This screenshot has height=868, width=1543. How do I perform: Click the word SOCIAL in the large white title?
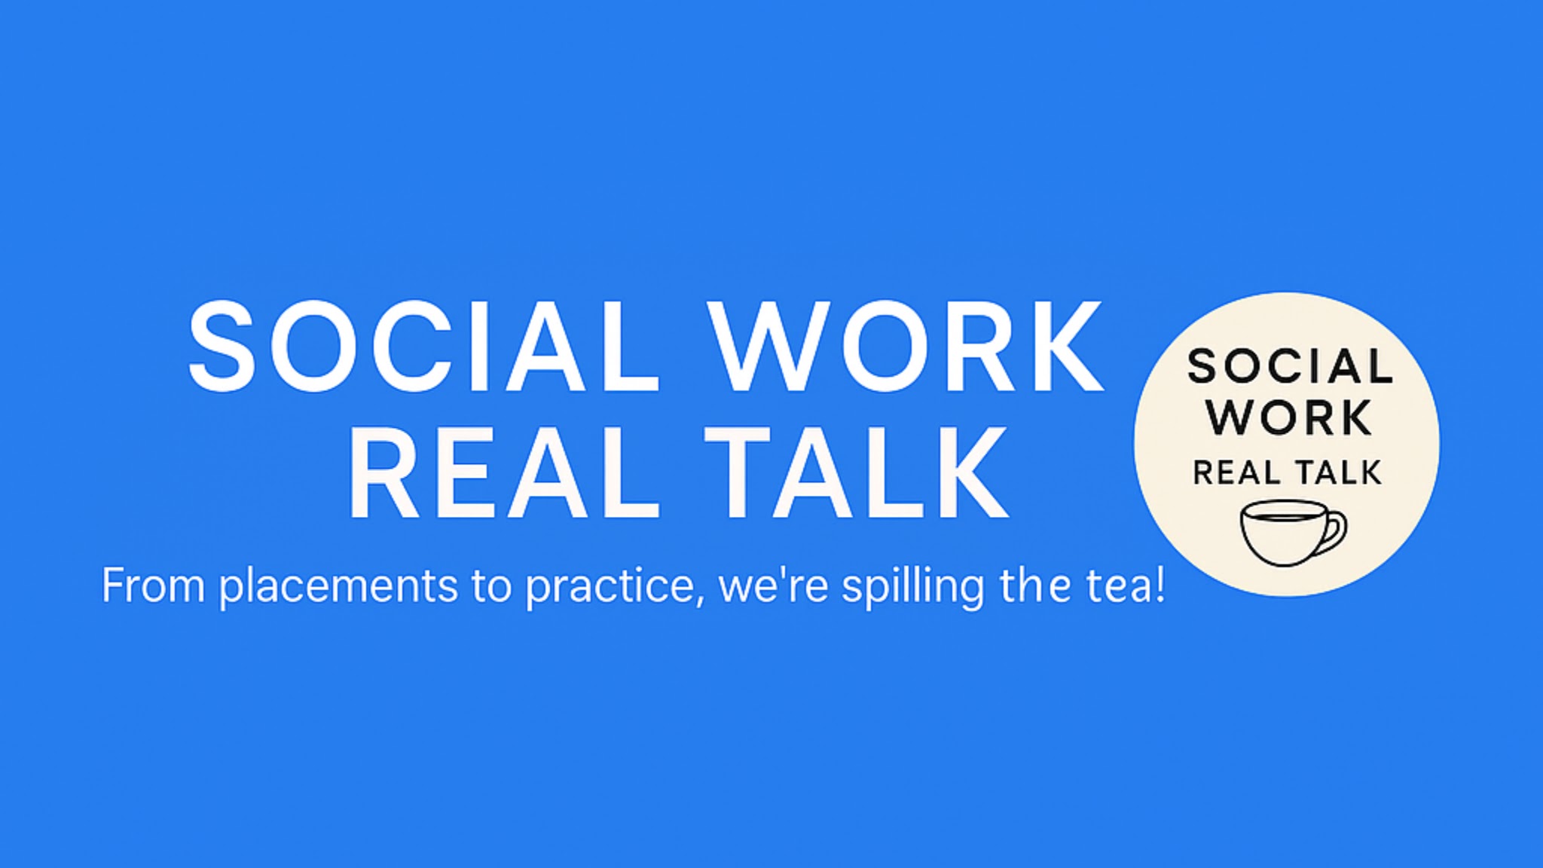424,346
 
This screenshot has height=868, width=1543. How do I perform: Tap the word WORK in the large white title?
907,346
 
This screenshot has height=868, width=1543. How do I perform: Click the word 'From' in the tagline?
153,585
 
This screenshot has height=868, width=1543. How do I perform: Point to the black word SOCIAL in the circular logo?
1290,367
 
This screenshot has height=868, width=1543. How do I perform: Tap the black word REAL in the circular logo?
1236,473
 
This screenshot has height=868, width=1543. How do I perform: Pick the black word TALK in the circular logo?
1338,473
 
